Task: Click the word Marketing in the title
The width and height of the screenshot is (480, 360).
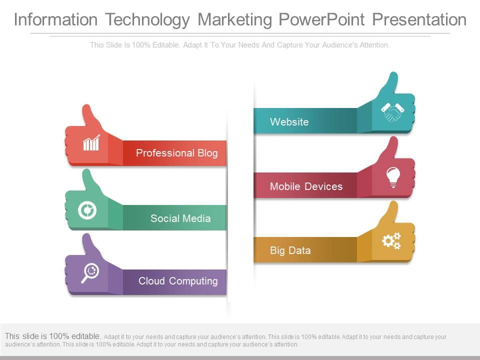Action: coord(235,20)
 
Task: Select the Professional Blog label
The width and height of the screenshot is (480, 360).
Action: coord(176,153)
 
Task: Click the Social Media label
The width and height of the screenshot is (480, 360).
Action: coord(180,218)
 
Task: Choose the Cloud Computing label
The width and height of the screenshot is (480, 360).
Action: coord(178,281)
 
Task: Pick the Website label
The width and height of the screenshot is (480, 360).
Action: coord(289,122)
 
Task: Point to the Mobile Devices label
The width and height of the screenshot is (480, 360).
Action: coord(306,186)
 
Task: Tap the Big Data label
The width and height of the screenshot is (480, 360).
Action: coord(290,250)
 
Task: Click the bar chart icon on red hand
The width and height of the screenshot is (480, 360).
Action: coord(91,143)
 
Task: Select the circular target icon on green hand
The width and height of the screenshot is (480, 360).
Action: coord(87,210)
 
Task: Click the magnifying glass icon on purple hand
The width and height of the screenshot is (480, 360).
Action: coord(90,273)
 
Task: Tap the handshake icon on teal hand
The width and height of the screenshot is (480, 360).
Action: coord(392,112)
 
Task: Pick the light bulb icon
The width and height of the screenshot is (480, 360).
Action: coord(393,177)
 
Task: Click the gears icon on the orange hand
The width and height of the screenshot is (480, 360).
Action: coord(391,241)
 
